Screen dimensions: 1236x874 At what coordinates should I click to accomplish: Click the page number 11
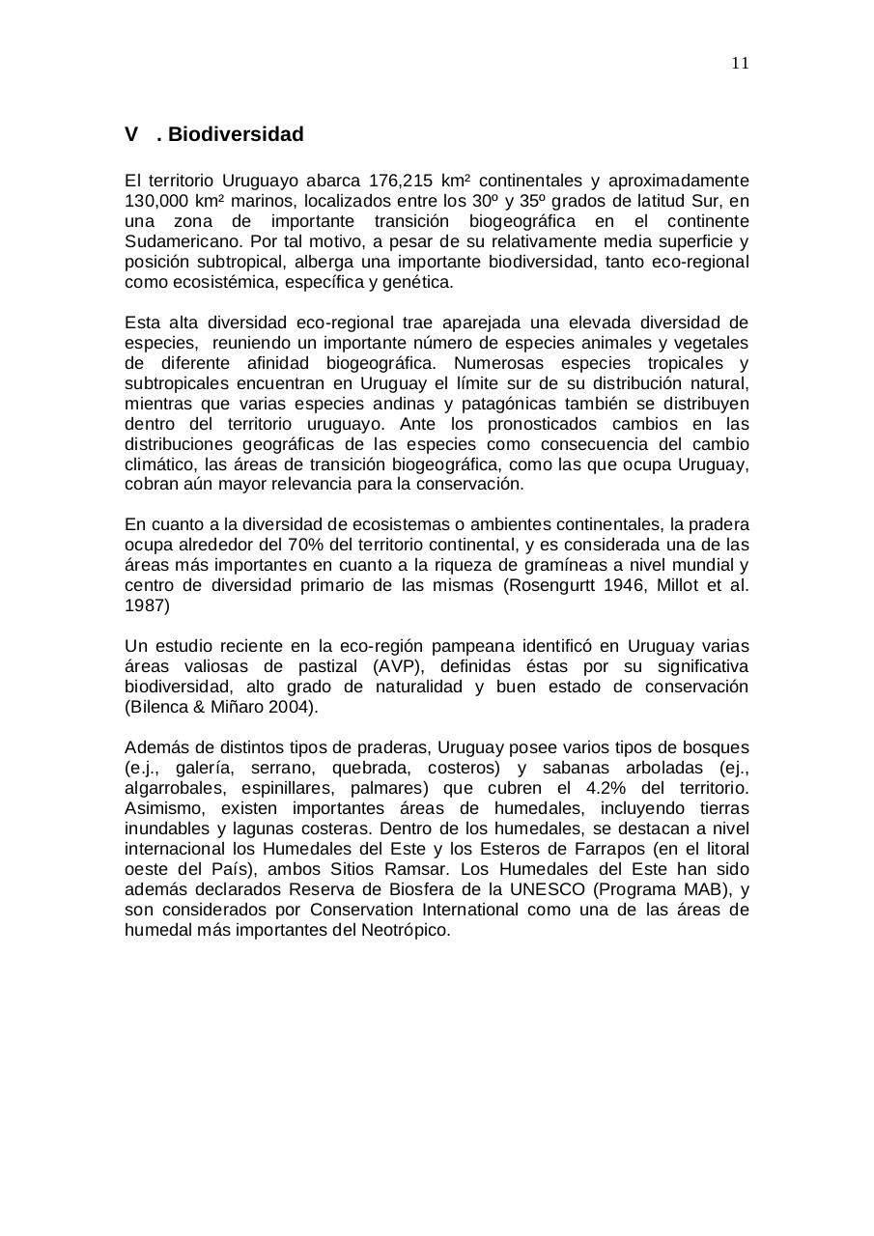(x=740, y=64)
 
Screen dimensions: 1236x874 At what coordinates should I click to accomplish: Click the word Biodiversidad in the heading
(x=236, y=134)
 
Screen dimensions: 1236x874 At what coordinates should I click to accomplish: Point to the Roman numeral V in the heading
(x=131, y=134)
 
